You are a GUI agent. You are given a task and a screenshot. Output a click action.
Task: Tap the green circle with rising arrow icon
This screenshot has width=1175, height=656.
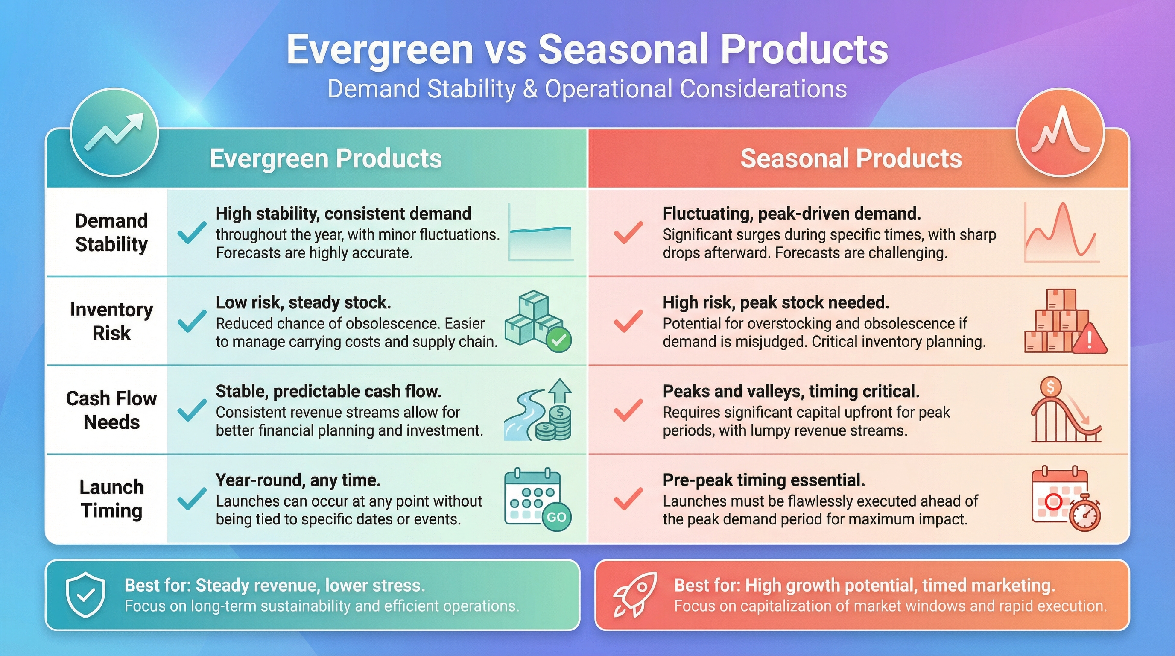[114, 132]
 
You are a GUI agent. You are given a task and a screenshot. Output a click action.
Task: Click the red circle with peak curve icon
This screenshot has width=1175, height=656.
[1061, 132]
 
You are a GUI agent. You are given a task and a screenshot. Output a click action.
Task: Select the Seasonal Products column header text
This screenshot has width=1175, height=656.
[851, 158]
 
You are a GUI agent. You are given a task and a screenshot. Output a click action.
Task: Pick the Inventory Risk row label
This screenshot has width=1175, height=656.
[111, 321]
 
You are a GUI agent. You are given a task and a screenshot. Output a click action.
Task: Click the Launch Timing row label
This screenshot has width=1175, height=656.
[111, 498]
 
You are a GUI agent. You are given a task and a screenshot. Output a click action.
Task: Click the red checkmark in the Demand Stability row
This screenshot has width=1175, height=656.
[628, 232]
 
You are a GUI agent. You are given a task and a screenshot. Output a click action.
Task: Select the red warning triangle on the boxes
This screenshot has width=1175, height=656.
[1089, 340]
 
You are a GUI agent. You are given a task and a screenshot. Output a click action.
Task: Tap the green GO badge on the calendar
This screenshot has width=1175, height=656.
[556, 517]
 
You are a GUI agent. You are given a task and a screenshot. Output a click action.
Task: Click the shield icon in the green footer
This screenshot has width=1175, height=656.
[85, 595]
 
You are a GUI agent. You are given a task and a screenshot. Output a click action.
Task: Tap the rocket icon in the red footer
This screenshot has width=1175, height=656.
[635, 595]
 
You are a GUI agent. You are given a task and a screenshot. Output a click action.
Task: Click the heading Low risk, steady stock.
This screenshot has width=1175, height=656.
[303, 302]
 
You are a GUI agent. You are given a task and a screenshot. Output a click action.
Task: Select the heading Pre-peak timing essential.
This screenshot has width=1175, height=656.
[763, 480]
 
